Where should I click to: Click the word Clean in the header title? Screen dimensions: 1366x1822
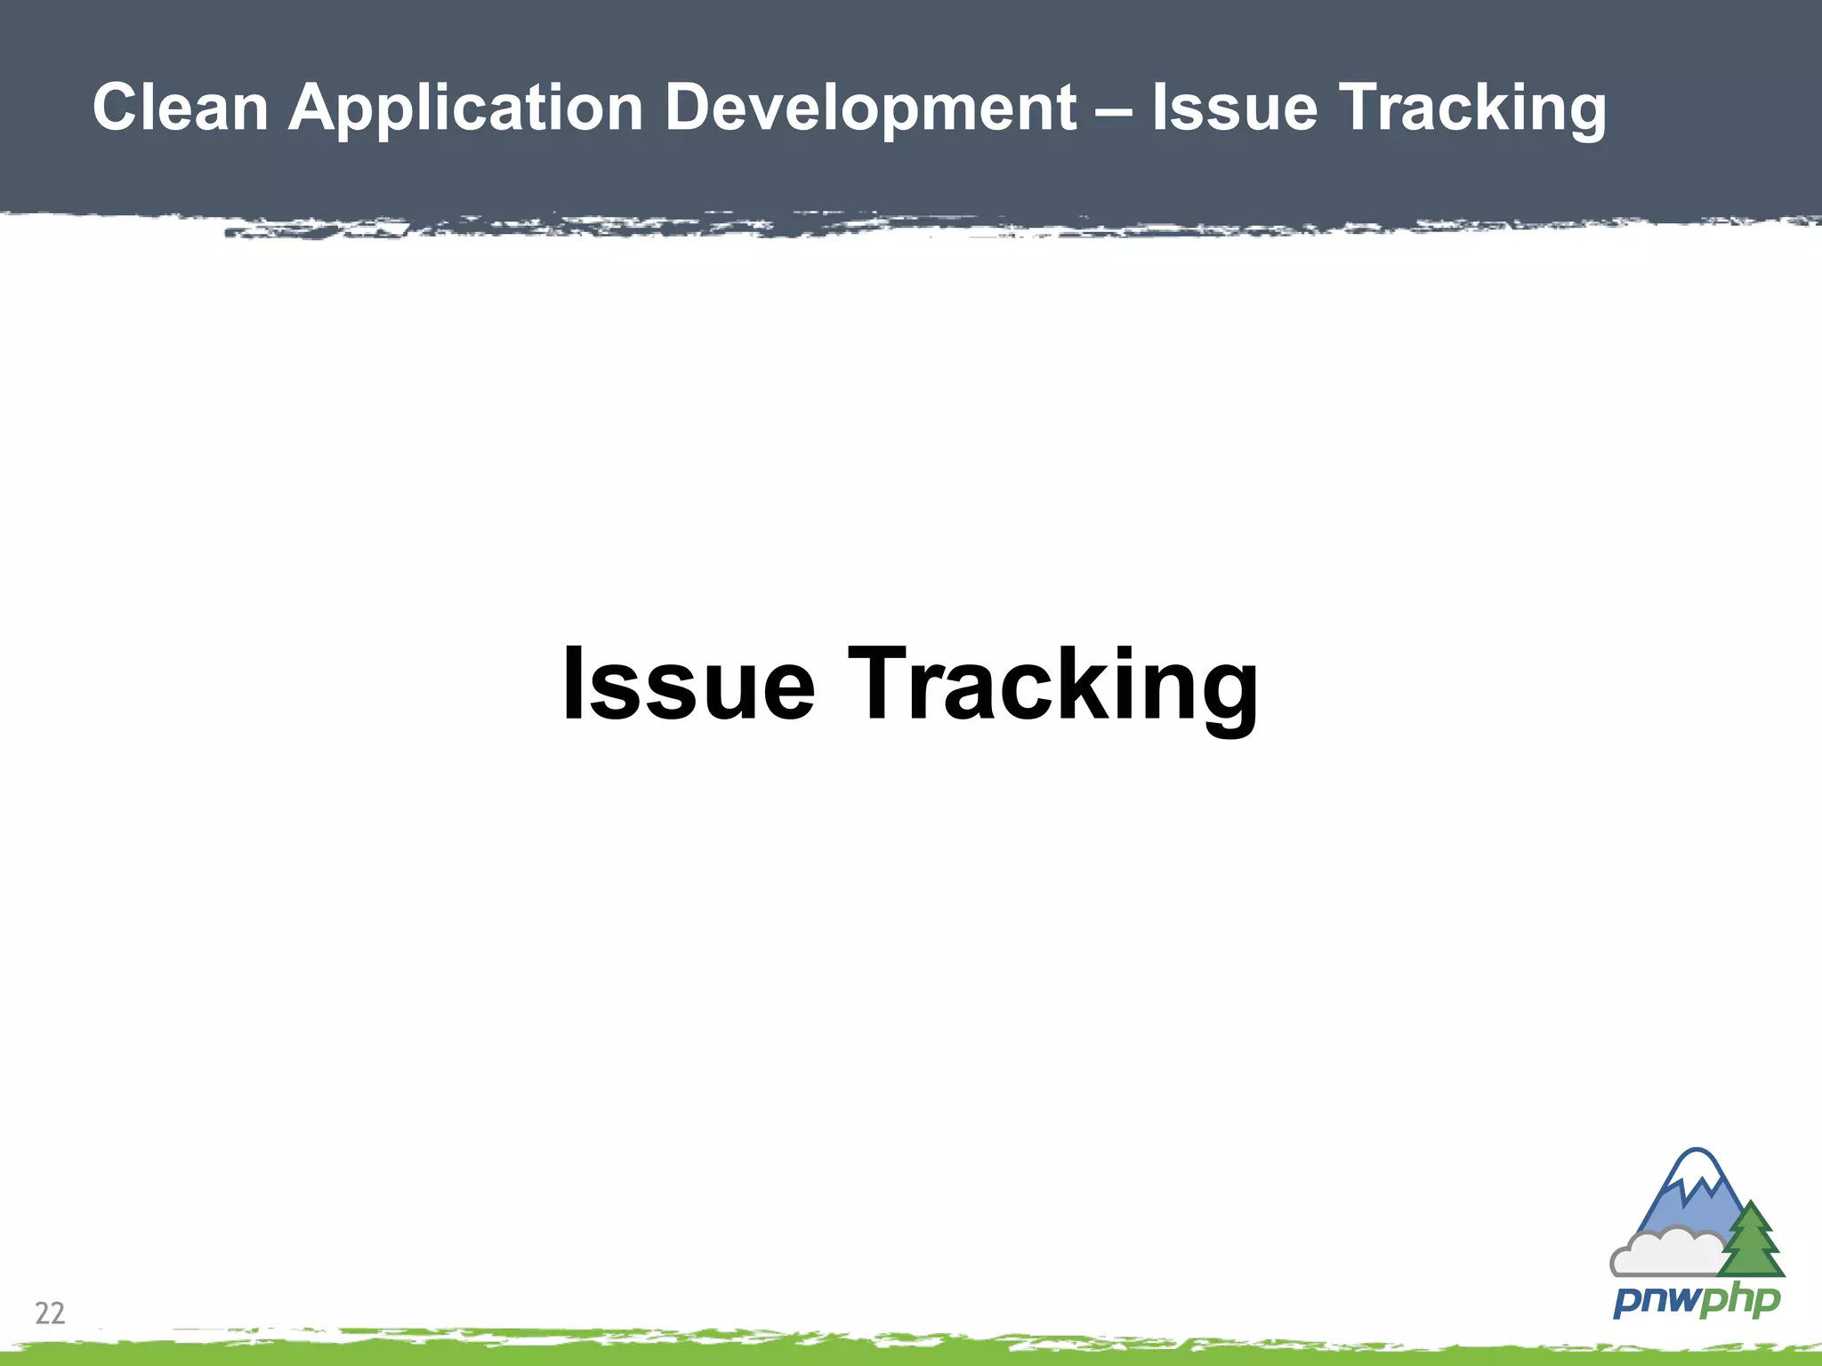click(x=181, y=108)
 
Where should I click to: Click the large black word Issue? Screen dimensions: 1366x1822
click(x=688, y=683)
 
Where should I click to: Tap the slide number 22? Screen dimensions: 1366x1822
click(x=50, y=1313)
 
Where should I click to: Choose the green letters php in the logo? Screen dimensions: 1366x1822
click(x=1738, y=1301)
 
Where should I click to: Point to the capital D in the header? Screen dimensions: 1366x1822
click(x=693, y=108)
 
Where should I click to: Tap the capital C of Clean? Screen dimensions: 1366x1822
click(x=117, y=108)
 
